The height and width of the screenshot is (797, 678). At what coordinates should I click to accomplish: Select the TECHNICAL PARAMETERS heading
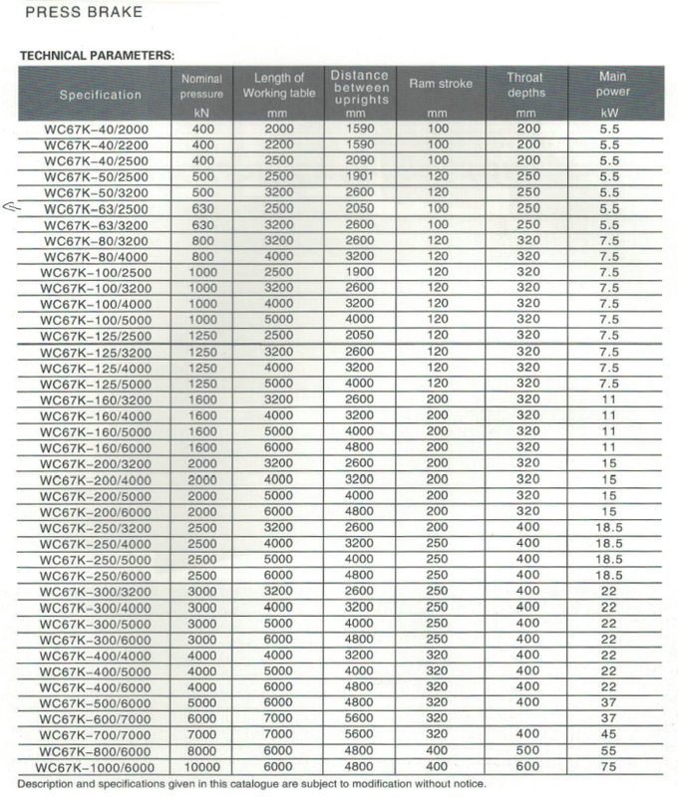point(97,55)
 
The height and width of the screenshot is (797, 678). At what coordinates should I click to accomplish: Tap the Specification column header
point(100,95)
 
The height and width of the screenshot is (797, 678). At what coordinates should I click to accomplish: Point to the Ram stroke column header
point(433,84)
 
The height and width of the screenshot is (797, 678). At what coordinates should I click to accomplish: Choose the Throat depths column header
point(524,84)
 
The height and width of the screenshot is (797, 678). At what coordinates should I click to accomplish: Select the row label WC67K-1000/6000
point(98,767)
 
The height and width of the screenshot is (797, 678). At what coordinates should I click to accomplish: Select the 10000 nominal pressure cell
point(202,767)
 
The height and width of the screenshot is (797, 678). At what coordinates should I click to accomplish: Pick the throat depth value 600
point(524,767)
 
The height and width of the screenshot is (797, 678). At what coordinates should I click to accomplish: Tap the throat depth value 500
point(524,751)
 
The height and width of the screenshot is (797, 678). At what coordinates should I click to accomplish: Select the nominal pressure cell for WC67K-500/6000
point(202,703)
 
